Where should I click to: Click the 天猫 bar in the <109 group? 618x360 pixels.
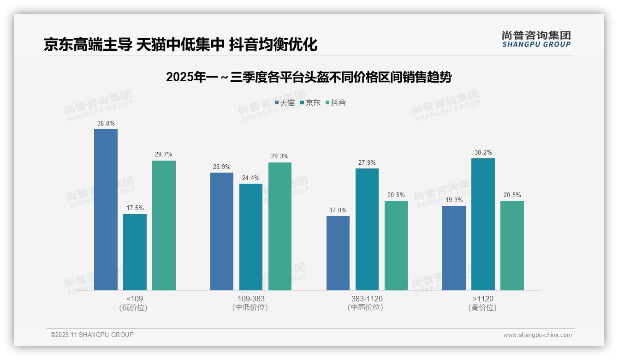[106, 210]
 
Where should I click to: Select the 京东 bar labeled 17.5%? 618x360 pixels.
[135, 252]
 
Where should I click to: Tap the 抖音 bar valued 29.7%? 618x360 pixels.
[164, 225]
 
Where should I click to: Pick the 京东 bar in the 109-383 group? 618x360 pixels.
[251, 237]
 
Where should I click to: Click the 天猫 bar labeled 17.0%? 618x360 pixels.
[338, 253]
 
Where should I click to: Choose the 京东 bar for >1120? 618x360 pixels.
[483, 224]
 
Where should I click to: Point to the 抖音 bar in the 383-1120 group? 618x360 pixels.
[396, 245]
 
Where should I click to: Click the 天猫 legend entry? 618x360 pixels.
[285, 103]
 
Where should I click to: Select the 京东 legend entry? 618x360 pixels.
[310, 103]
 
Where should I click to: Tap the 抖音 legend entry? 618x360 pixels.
[336, 103]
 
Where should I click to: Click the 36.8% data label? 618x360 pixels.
[106, 124]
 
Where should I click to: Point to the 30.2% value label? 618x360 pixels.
[483, 153]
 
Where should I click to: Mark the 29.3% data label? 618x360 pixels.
[279, 156]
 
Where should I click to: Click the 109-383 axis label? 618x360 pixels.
[251, 299]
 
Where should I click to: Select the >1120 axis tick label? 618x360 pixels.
[483, 299]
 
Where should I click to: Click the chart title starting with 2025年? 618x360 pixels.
[309, 77]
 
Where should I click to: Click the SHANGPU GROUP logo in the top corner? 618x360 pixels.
[536, 39]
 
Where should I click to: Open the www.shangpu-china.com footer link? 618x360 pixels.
[537, 335]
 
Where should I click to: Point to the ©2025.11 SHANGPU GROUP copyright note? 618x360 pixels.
[92, 335]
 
